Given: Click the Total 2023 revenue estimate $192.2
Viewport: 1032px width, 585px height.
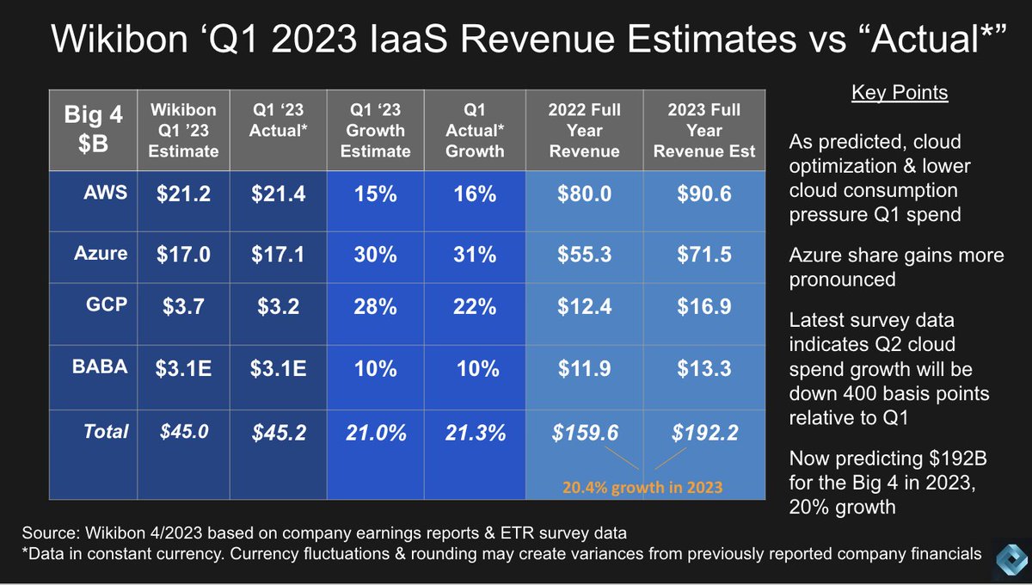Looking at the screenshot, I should coord(703,433).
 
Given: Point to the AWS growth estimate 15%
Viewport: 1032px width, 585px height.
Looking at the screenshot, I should coord(375,194).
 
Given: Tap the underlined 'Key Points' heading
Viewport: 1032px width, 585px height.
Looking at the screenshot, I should coord(900,93).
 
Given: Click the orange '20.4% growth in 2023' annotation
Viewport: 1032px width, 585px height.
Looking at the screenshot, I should coord(642,487).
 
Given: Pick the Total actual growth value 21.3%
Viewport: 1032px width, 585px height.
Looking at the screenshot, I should coord(476,433).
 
